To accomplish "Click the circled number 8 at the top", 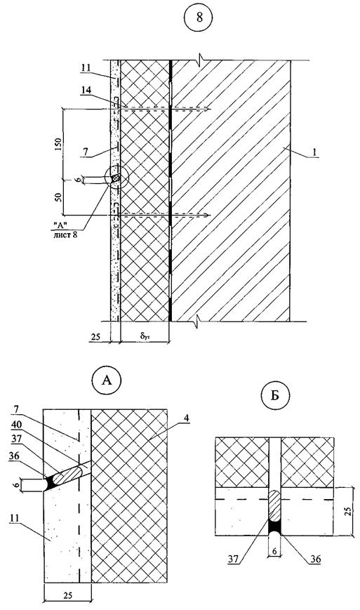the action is pos(199,18).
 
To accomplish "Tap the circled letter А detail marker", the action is pos(106,380).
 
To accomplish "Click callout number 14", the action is pos(88,91).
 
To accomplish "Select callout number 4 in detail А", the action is pos(187,418).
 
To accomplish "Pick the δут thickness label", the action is pos(145,334).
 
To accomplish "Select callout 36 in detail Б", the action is pos(315,559).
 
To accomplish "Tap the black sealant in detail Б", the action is pos(275,526).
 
